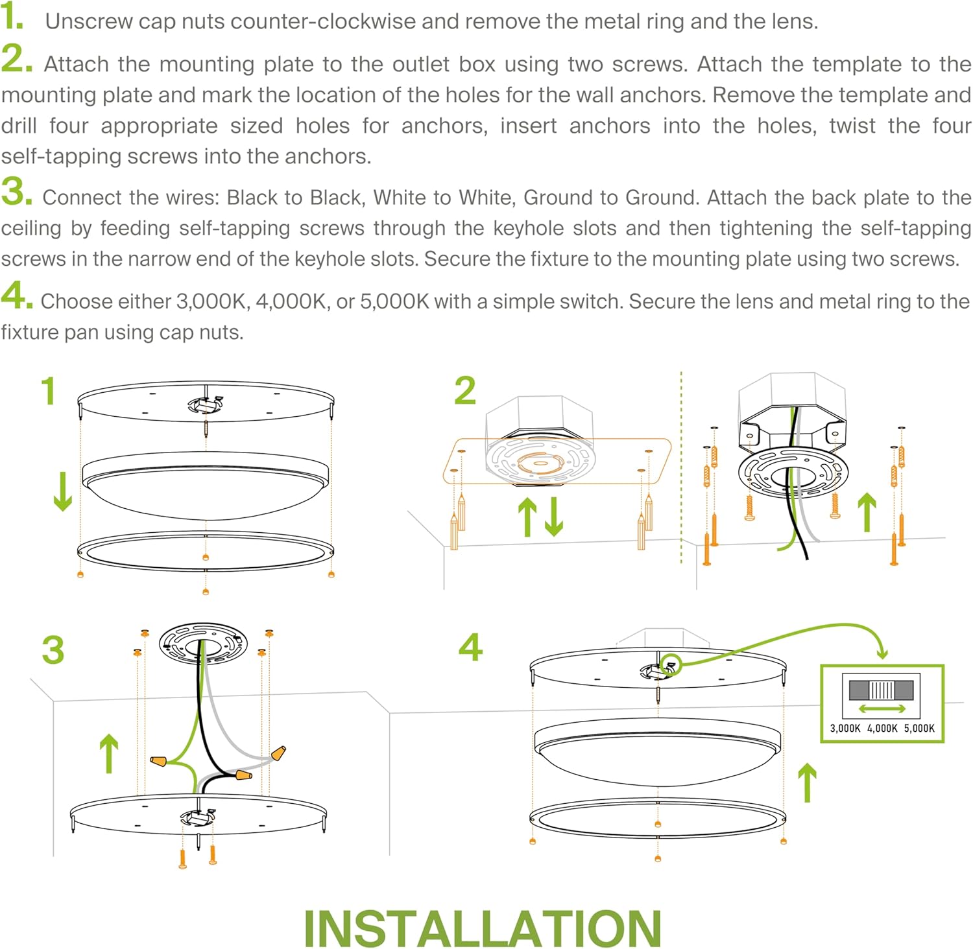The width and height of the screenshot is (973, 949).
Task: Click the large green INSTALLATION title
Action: [483, 928]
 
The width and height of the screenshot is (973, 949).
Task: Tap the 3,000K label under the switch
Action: [845, 728]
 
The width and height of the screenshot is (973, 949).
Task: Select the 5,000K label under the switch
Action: [919, 728]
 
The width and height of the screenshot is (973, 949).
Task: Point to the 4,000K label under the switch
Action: [882, 728]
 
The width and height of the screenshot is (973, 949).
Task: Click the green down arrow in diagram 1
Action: [63, 492]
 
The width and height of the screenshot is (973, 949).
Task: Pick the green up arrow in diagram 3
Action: [109, 754]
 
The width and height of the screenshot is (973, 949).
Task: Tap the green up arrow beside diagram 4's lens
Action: [807, 782]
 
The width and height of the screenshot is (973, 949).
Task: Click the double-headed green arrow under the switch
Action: [882, 709]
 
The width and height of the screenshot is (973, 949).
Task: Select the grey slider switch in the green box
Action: [881, 689]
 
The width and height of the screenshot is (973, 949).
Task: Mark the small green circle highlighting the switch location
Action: [671, 664]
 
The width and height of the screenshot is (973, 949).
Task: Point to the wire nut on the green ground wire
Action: [159, 760]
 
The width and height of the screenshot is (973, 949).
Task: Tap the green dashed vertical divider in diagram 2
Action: [681, 467]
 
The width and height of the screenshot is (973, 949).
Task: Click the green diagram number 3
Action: [53, 650]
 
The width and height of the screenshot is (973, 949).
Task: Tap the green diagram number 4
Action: [471, 647]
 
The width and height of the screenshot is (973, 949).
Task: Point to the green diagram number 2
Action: [465, 391]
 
